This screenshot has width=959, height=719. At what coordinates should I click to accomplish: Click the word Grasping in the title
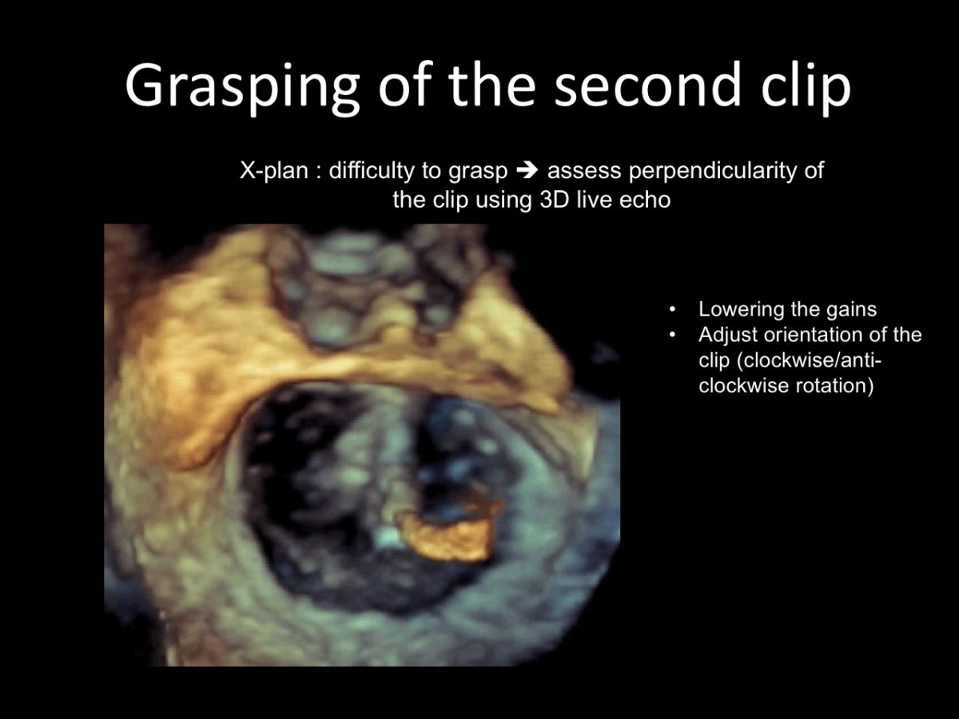tap(242, 86)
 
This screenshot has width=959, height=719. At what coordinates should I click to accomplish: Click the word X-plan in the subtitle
tap(274, 171)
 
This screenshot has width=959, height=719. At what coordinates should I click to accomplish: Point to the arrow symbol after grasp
tap(527, 171)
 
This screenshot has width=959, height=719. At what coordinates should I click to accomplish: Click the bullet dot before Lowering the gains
tap(672, 310)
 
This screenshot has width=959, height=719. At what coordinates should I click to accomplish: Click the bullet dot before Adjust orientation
tap(672, 336)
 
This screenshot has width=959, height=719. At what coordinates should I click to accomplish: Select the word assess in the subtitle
tap(584, 172)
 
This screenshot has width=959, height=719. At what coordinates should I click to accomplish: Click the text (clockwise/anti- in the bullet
tap(809, 361)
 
